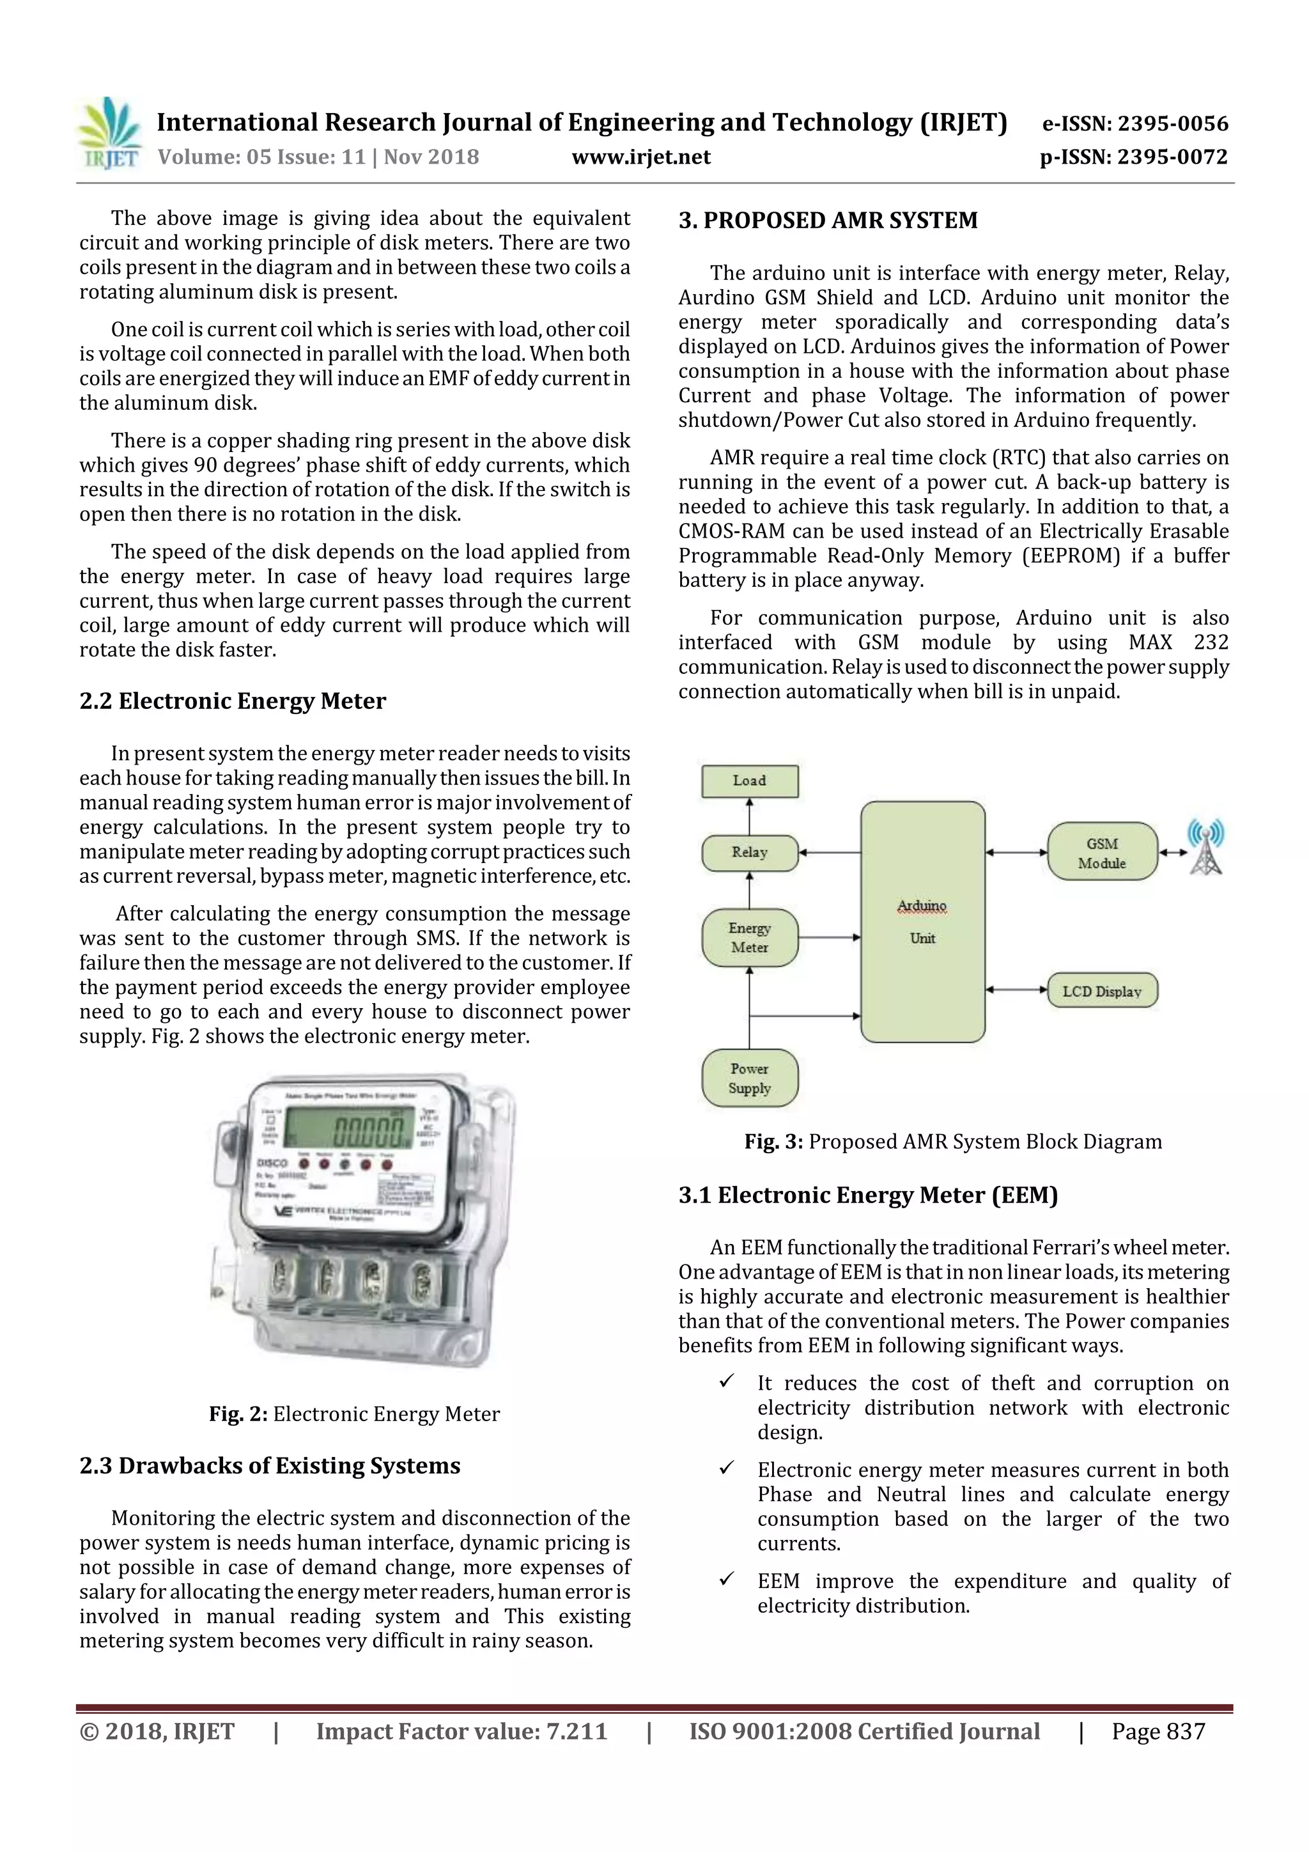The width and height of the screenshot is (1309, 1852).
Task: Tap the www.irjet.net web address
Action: [640, 157]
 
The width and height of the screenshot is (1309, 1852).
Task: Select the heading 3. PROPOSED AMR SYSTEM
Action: [828, 220]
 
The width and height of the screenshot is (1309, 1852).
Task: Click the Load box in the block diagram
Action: [749, 781]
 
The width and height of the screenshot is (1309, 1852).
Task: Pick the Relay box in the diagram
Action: [749, 853]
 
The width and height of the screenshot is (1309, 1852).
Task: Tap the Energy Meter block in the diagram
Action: [749, 938]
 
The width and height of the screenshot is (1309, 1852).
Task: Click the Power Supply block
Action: [749, 1078]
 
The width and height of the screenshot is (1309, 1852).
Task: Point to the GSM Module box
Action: [1102, 853]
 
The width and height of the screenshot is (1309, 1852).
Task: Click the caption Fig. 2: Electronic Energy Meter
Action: [354, 1414]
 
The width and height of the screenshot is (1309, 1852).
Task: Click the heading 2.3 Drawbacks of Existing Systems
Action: [269, 1466]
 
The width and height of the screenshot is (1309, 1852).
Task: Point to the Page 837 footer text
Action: [1158, 1732]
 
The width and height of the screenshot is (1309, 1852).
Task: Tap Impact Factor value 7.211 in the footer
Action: [461, 1732]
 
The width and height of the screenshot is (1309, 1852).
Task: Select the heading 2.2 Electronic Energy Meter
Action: [232, 701]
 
